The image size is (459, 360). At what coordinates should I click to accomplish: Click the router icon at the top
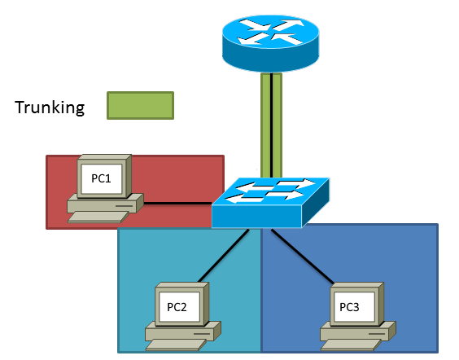coord(270,43)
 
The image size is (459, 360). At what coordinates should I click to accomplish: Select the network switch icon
coord(270,203)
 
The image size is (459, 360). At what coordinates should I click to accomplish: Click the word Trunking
coord(50,108)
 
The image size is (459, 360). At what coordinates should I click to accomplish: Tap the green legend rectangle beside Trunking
coord(140,105)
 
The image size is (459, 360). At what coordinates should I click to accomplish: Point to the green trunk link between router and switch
coord(271,125)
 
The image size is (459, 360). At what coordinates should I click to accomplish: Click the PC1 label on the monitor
coord(101,178)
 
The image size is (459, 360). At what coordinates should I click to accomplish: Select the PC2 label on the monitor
coord(177,307)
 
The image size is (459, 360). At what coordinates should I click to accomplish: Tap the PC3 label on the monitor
coord(349,307)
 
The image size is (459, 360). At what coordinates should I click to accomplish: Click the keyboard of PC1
coord(98,217)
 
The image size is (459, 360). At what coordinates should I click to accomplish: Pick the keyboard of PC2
coord(176,345)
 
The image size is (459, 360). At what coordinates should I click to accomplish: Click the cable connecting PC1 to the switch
coord(177,203)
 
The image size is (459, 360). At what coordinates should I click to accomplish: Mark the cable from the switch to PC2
coord(224,256)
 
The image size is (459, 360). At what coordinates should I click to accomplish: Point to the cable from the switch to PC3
coord(303,257)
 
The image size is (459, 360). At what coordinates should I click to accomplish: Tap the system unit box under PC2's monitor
coord(183,331)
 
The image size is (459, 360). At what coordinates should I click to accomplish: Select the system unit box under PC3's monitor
coord(358,331)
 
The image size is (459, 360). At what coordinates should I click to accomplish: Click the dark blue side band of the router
coord(270,57)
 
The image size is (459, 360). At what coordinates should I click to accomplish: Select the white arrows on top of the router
coord(270,32)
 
